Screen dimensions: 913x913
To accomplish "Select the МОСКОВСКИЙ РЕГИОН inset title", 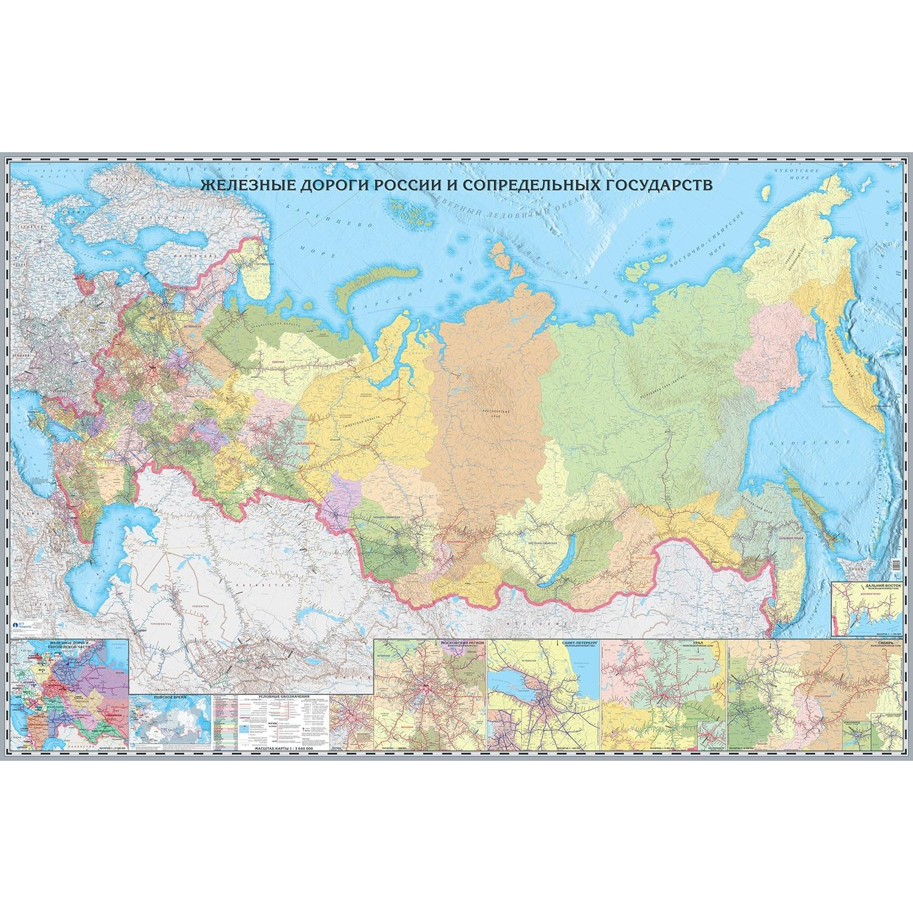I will click(463, 643).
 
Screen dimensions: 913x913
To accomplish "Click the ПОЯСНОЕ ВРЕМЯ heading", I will click(170, 696).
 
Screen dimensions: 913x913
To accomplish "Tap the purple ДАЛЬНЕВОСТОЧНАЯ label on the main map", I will click(789, 539).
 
